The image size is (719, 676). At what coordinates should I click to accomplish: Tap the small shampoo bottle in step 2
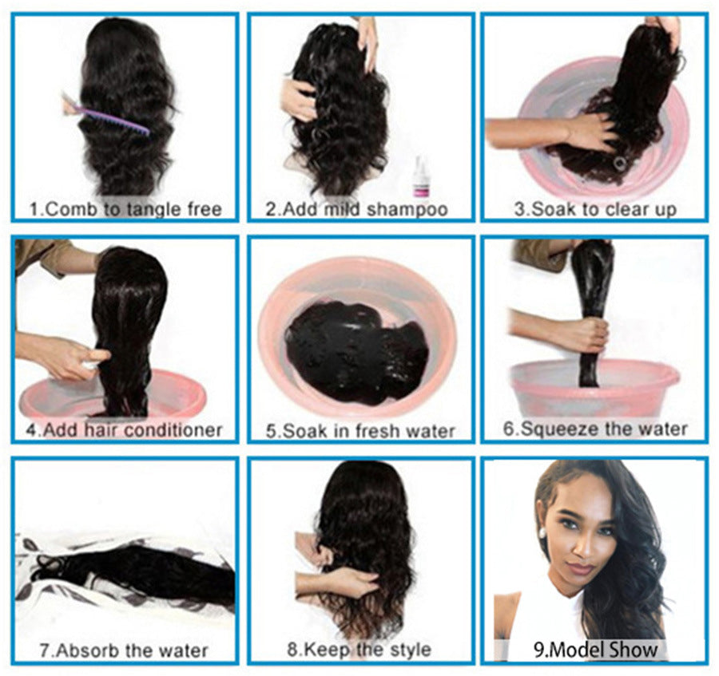(x=420, y=177)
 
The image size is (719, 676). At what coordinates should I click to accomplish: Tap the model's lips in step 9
(x=581, y=568)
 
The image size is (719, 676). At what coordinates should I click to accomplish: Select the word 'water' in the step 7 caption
(x=185, y=650)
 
